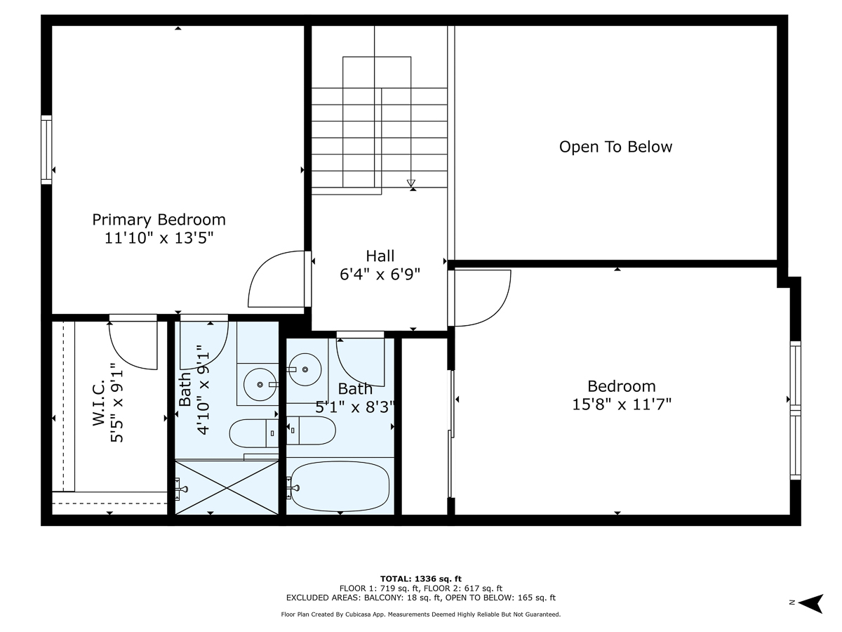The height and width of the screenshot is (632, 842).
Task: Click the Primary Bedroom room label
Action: [x=159, y=220]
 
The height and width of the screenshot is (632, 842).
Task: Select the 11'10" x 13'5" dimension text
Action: [x=159, y=238]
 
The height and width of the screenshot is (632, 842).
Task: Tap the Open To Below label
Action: [x=615, y=147]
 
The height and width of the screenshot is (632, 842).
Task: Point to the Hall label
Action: [x=380, y=256]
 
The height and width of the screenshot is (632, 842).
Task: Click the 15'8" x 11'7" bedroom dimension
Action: [x=621, y=404]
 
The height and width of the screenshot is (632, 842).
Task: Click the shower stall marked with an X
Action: [x=227, y=487]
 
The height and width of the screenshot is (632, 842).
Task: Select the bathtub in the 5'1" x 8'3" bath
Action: [x=340, y=486]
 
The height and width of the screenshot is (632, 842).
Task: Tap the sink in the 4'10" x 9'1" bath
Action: [x=261, y=384]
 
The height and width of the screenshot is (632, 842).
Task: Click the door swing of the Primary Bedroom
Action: [x=276, y=279]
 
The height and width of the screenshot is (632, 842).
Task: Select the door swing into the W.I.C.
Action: [x=133, y=344]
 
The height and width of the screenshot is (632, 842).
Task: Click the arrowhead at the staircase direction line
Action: [x=411, y=184]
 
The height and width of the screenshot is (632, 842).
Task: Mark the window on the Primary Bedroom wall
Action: [x=46, y=149]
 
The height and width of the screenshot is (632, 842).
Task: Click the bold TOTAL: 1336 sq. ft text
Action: [x=421, y=578]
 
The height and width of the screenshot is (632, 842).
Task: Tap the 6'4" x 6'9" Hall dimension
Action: [x=380, y=275]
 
